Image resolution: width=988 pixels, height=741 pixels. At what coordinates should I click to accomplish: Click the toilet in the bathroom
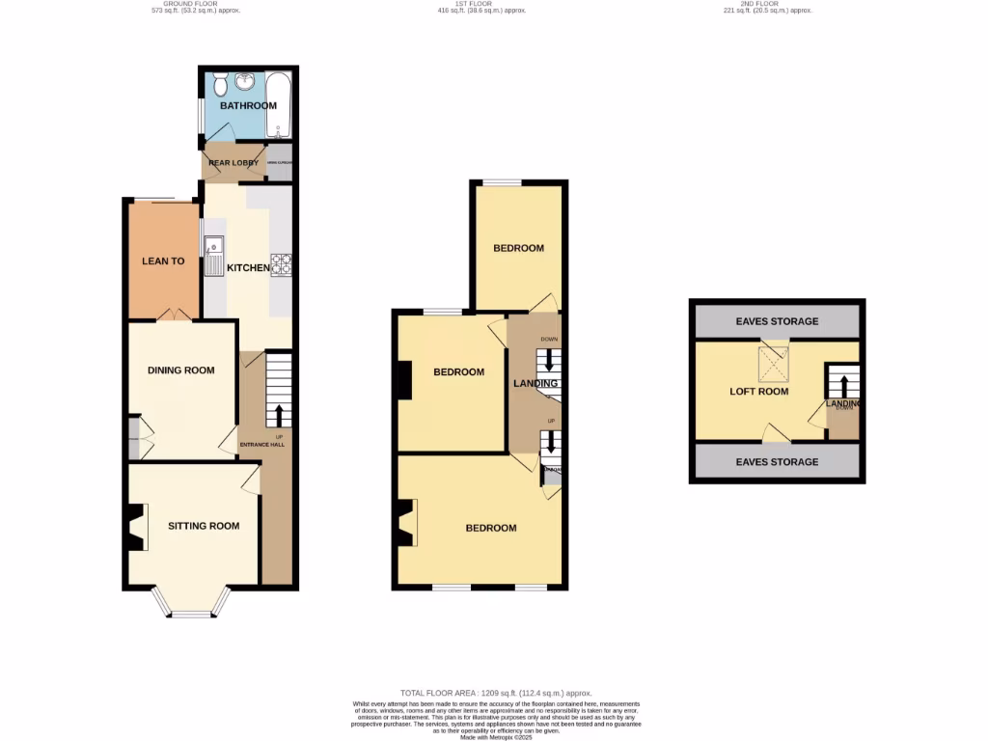click(220, 84)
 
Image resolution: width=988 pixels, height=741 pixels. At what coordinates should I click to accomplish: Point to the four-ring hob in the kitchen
click(282, 264)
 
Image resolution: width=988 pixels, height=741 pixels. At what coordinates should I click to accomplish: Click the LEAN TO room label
click(163, 261)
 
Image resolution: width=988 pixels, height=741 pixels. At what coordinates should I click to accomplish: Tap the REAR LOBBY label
click(233, 163)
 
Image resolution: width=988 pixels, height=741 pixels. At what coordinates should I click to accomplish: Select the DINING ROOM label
click(180, 370)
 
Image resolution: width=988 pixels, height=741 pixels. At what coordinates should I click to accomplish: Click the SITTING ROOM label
click(204, 526)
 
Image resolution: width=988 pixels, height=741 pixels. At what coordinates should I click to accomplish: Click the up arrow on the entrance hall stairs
click(280, 415)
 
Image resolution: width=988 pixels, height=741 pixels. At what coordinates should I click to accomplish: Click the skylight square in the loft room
click(772, 364)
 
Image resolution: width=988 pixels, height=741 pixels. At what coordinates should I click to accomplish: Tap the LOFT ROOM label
click(758, 392)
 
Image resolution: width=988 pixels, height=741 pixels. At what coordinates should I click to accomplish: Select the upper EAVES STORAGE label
click(777, 321)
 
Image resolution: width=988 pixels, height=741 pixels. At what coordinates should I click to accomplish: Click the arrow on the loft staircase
click(844, 385)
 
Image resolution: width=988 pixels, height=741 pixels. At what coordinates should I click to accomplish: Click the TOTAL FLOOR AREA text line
click(496, 693)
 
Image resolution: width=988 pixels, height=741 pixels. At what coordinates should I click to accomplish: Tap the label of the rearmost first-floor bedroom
click(518, 248)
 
